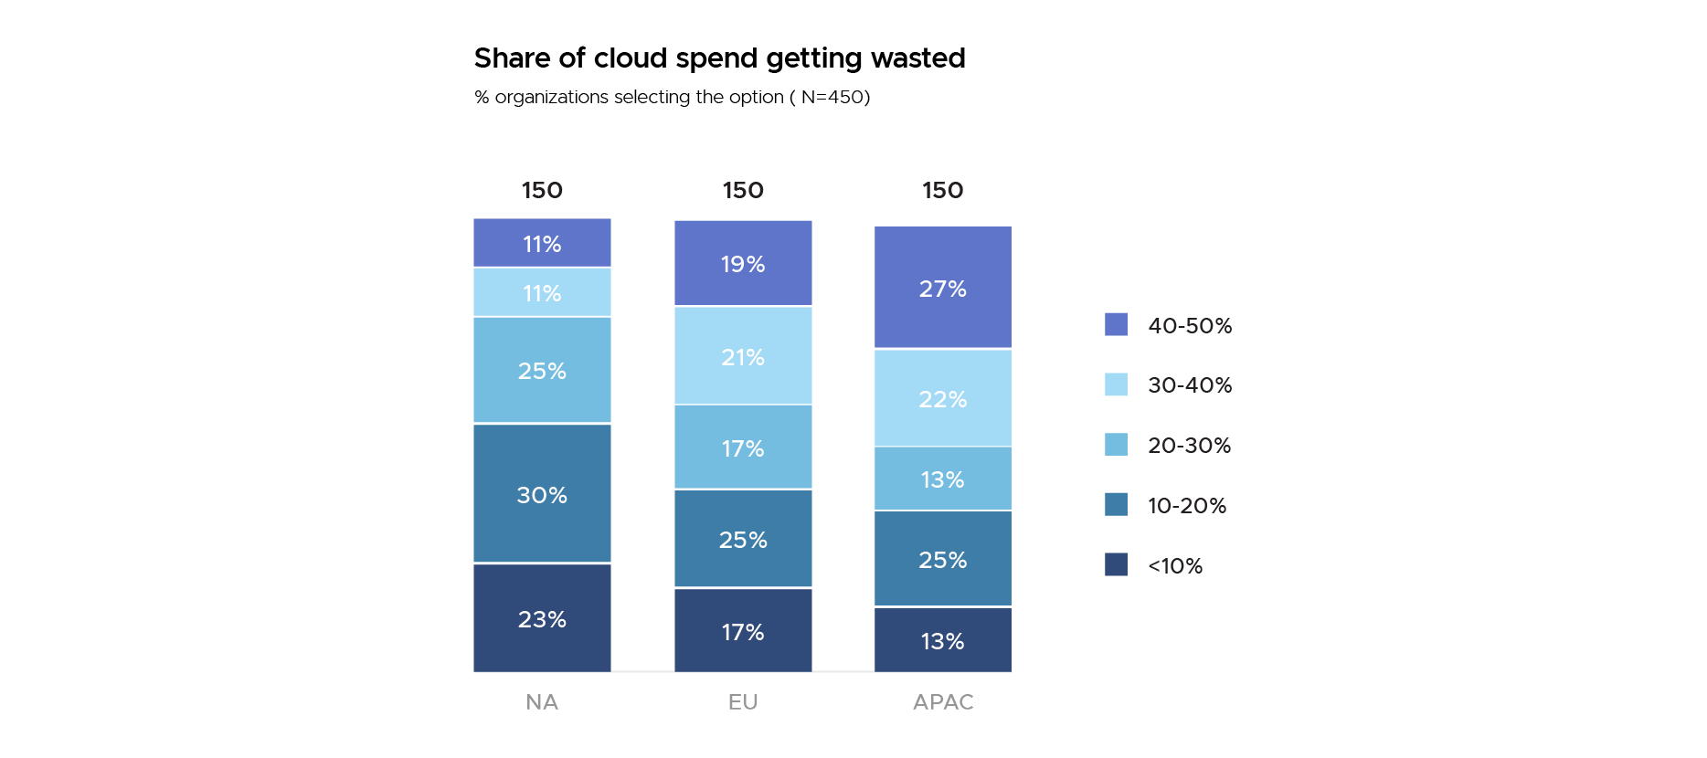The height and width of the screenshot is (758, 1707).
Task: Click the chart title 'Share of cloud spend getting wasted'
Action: click(x=719, y=58)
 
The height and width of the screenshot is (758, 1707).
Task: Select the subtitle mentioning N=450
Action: click(x=672, y=97)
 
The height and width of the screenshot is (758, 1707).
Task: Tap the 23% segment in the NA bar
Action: click(x=542, y=618)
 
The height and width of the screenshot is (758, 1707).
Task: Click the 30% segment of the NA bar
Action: click(x=542, y=494)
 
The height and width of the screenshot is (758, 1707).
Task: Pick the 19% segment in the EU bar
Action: click(x=743, y=263)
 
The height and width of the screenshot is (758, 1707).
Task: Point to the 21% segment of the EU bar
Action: click(x=743, y=356)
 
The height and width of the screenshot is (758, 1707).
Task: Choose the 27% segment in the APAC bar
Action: click(x=942, y=288)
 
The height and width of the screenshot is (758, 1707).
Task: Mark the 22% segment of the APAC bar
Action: click(x=942, y=398)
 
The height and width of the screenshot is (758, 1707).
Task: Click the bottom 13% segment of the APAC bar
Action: click(x=942, y=640)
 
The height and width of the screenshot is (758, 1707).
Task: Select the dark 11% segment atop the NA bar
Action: click(x=542, y=243)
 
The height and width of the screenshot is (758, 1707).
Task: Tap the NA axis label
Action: click(x=542, y=701)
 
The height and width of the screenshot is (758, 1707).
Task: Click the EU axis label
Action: click(x=743, y=701)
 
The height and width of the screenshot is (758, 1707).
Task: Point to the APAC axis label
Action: click(x=943, y=701)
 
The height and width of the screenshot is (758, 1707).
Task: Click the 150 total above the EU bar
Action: click(x=743, y=190)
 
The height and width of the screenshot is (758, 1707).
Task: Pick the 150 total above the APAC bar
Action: click(x=942, y=190)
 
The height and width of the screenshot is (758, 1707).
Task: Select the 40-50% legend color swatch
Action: click(x=1116, y=324)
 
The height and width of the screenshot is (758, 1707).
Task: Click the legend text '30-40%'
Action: click(x=1190, y=384)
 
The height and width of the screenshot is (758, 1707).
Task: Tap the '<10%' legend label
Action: click(x=1175, y=565)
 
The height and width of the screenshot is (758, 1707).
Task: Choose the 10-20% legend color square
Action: click(x=1116, y=504)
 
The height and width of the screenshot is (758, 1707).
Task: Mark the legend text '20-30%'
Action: click(x=1189, y=445)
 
